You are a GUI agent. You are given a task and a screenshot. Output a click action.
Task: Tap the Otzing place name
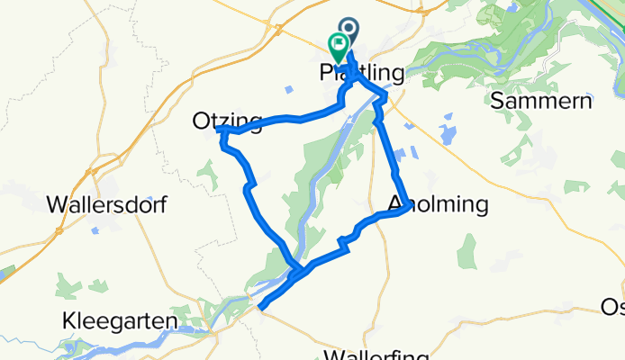pyautogui.click(x=227, y=121)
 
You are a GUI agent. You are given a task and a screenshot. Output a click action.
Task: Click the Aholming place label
pyautogui.click(x=438, y=205)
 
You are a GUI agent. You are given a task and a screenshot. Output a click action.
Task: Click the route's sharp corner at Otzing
pyautogui.click(x=221, y=131)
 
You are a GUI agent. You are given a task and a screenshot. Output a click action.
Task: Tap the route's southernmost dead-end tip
pyautogui.click(x=261, y=308)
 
